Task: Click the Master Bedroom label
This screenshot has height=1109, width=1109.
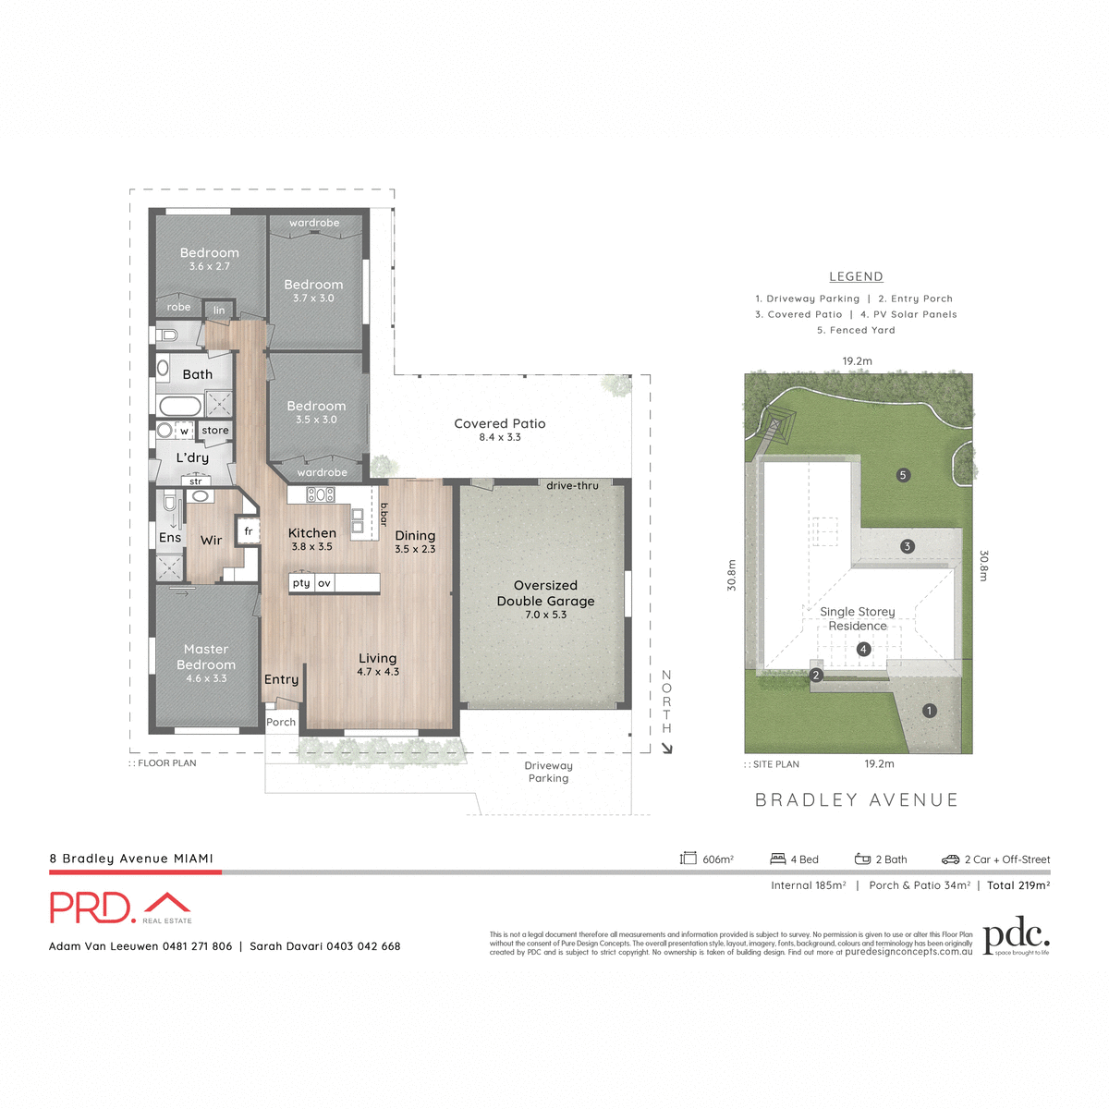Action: pyautogui.click(x=206, y=657)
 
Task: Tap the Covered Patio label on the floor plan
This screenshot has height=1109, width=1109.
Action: pyautogui.click(x=500, y=424)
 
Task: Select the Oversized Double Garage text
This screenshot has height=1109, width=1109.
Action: pyautogui.click(x=545, y=593)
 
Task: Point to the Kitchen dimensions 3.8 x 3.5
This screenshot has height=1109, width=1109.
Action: pyautogui.click(x=311, y=547)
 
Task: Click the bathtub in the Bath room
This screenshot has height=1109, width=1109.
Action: pyautogui.click(x=180, y=406)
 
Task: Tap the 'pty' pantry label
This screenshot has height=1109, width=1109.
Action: pyautogui.click(x=301, y=583)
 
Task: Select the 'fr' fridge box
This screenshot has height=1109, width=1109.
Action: pyautogui.click(x=248, y=531)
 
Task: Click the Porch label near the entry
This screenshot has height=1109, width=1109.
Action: pyautogui.click(x=281, y=723)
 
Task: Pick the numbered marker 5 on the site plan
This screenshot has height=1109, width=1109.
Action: pyautogui.click(x=903, y=475)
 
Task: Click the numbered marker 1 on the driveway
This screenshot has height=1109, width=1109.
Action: pyautogui.click(x=930, y=711)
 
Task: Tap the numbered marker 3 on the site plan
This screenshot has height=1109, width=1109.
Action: pyautogui.click(x=907, y=546)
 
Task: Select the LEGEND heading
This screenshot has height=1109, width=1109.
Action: pyautogui.click(x=856, y=276)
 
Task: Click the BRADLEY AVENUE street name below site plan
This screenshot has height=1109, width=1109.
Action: pyautogui.click(x=857, y=800)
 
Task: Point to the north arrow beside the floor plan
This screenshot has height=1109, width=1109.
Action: pyautogui.click(x=667, y=747)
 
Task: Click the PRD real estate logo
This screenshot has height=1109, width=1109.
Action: pyautogui.click(x=120, y=908)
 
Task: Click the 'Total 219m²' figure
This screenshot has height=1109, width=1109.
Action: pyautogui.click(x=1018, y=885)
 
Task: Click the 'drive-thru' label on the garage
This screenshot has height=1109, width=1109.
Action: pyautogui.click(x=572, y=485)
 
